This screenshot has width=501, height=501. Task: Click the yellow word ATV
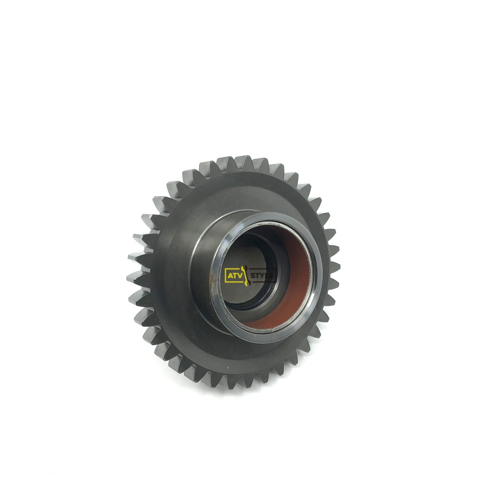(234, 275)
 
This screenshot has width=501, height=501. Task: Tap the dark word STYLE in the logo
(263, 275)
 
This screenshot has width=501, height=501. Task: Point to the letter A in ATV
(230, 275)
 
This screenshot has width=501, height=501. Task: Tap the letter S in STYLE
(253, 275)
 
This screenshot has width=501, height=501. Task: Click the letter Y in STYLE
(263, 275)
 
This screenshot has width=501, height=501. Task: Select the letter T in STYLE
(258, 275)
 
